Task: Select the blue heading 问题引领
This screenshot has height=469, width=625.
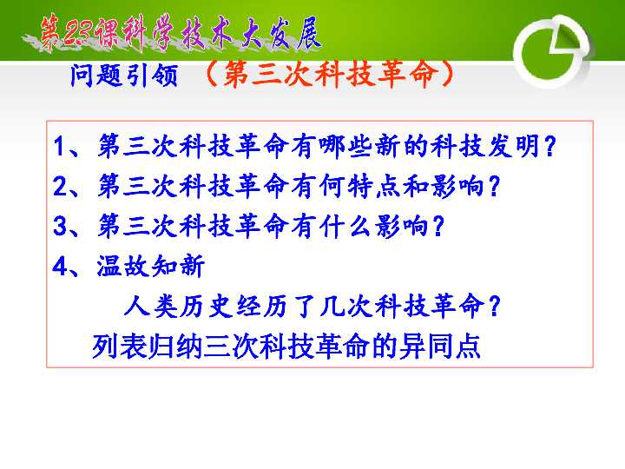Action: (x=122, y=77)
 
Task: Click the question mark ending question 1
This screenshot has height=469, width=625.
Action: (x=549, y=145)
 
